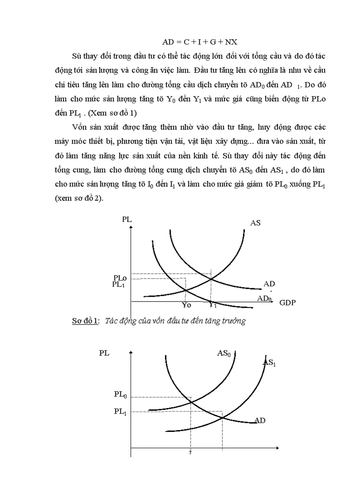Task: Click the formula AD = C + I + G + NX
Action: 200,42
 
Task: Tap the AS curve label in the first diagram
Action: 255,223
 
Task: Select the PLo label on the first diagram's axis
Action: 120,278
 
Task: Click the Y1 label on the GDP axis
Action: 213,304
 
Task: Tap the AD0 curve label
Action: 265,298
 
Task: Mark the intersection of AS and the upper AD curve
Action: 211,279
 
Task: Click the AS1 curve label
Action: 270,362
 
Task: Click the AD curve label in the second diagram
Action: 259,421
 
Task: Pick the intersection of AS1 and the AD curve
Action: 222,416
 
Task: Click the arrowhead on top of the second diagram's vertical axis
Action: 131,353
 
